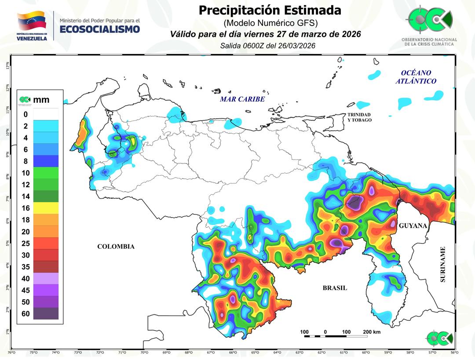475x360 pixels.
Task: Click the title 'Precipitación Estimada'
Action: click(x=270, y=10)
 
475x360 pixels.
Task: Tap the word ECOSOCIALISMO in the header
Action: click(x=99, y=29)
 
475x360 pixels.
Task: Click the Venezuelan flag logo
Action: click(x=31, y=21)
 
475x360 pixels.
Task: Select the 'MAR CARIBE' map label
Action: click(x=242, y=99)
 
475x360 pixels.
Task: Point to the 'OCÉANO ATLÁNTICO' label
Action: click(x=416, y=77)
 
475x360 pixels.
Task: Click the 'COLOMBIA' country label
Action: click(x=116, y=247)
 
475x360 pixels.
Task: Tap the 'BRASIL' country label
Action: click(x=335, y=288)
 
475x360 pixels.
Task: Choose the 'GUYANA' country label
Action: click(x=413, y=225)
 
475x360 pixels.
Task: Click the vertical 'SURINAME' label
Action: click(x=443, y=264)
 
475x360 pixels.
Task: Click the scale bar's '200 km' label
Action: click(x=372, y=332)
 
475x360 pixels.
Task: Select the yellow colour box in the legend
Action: click(x=46, y=208)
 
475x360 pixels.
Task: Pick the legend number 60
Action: click(x=26, y=314)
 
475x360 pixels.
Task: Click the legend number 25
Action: click(x=26, y=243)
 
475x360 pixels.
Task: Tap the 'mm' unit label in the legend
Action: click(x=41, y=100)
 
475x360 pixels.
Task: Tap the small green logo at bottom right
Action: click(x=439, y=338)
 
